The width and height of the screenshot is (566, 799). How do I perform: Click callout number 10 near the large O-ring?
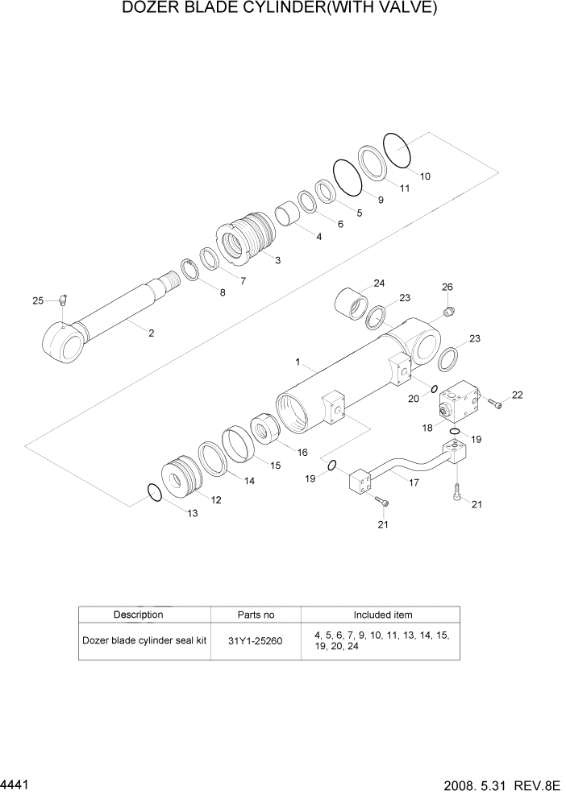pyautogui.click(x=425, y=176)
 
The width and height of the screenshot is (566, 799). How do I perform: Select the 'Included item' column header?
pyautogui.click(x=383, y=615)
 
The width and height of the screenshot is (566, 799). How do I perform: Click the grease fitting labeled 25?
pyautogui.click(x=64, y=301)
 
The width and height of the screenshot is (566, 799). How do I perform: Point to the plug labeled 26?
pyautogui.click(x=448, y=309)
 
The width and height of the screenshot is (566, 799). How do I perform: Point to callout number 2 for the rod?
pyautogui.click(x=151, y=332)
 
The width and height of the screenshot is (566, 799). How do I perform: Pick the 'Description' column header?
pyautogui.click(x=138, y=615)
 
